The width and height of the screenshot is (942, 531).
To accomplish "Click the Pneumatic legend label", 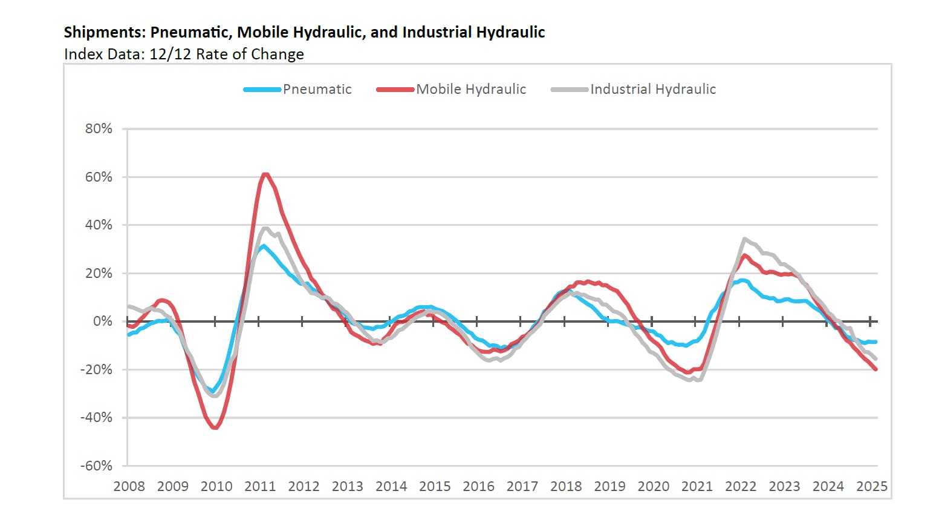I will point(317,90).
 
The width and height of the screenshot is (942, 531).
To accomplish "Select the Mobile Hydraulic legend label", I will point(471,90).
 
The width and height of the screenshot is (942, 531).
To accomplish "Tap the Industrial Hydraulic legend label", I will point(653,90).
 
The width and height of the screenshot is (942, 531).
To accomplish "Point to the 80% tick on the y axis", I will point(99,128).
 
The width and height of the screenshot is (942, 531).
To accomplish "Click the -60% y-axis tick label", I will point(97,466).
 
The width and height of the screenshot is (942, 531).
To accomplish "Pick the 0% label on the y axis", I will point(102,322).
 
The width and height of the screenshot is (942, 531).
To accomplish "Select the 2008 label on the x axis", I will point(129,486).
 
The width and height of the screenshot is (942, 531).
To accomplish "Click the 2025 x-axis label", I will point(871,486).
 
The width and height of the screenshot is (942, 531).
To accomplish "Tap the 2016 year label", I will point(478,486).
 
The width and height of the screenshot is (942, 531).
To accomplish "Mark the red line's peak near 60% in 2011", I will point(265,174).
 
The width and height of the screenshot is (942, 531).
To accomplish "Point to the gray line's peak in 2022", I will point(744,239).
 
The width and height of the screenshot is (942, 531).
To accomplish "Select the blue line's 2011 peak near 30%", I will point(262,246).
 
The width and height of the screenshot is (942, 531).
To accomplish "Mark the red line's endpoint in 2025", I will point(875,369).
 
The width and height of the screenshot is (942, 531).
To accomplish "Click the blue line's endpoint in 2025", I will point(875,342).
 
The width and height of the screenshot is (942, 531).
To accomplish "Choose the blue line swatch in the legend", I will point(262,90).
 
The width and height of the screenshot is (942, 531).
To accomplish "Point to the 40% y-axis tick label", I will point(99,225).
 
